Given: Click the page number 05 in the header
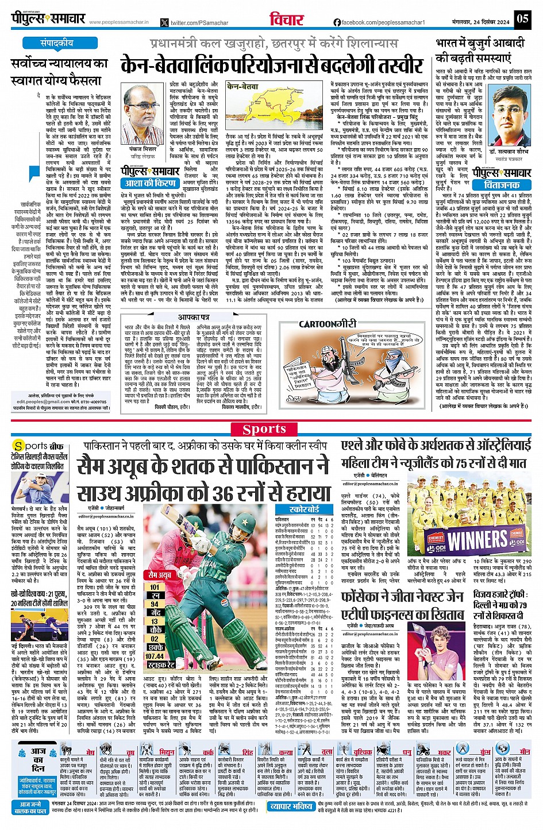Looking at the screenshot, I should click(522, 18).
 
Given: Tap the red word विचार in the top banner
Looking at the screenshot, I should click(286, 18).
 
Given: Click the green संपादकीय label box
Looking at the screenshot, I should click(56, 43).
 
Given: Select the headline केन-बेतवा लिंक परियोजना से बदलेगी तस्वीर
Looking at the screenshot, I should click(272, 65).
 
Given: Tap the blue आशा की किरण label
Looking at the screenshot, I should click(149, 183).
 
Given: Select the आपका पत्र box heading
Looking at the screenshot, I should click(193, 317).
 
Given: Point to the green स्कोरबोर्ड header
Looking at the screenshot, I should click(304, 509).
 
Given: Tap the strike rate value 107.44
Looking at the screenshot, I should click(155, 655).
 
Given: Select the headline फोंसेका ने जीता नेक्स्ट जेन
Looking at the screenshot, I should click(402, 597).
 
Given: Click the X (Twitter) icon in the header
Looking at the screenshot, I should click(165, 22).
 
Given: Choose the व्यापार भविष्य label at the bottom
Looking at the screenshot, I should click(291, 806).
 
